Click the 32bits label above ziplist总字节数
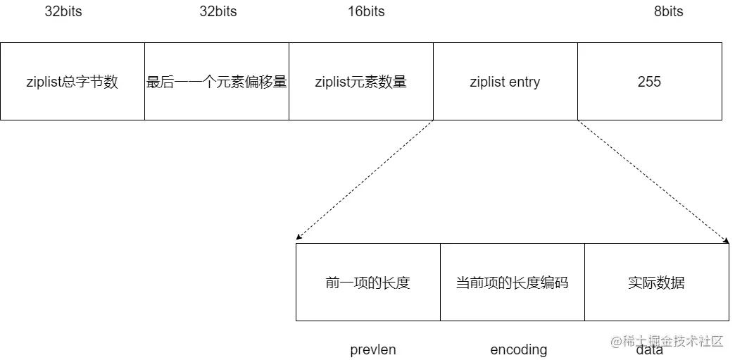[x=63, y=11]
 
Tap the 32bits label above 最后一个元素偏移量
[x=218, y=11]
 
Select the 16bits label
[x=366, y=11]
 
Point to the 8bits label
[x=668, y=11]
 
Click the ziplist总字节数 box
[x=73, y=82]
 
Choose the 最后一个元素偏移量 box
[x=217, y=82]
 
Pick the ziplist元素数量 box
[x=361, y=82]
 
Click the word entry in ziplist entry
[x=524, y=82]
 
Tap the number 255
[x=649, y=82]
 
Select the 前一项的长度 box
[x=368, y=283]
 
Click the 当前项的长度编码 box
[x=513, y=283]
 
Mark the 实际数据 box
[x=657, y=283]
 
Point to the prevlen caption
[x=373, y=349]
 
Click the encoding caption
[x=519, y=349]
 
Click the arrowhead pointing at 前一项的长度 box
[x=299, y=240]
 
